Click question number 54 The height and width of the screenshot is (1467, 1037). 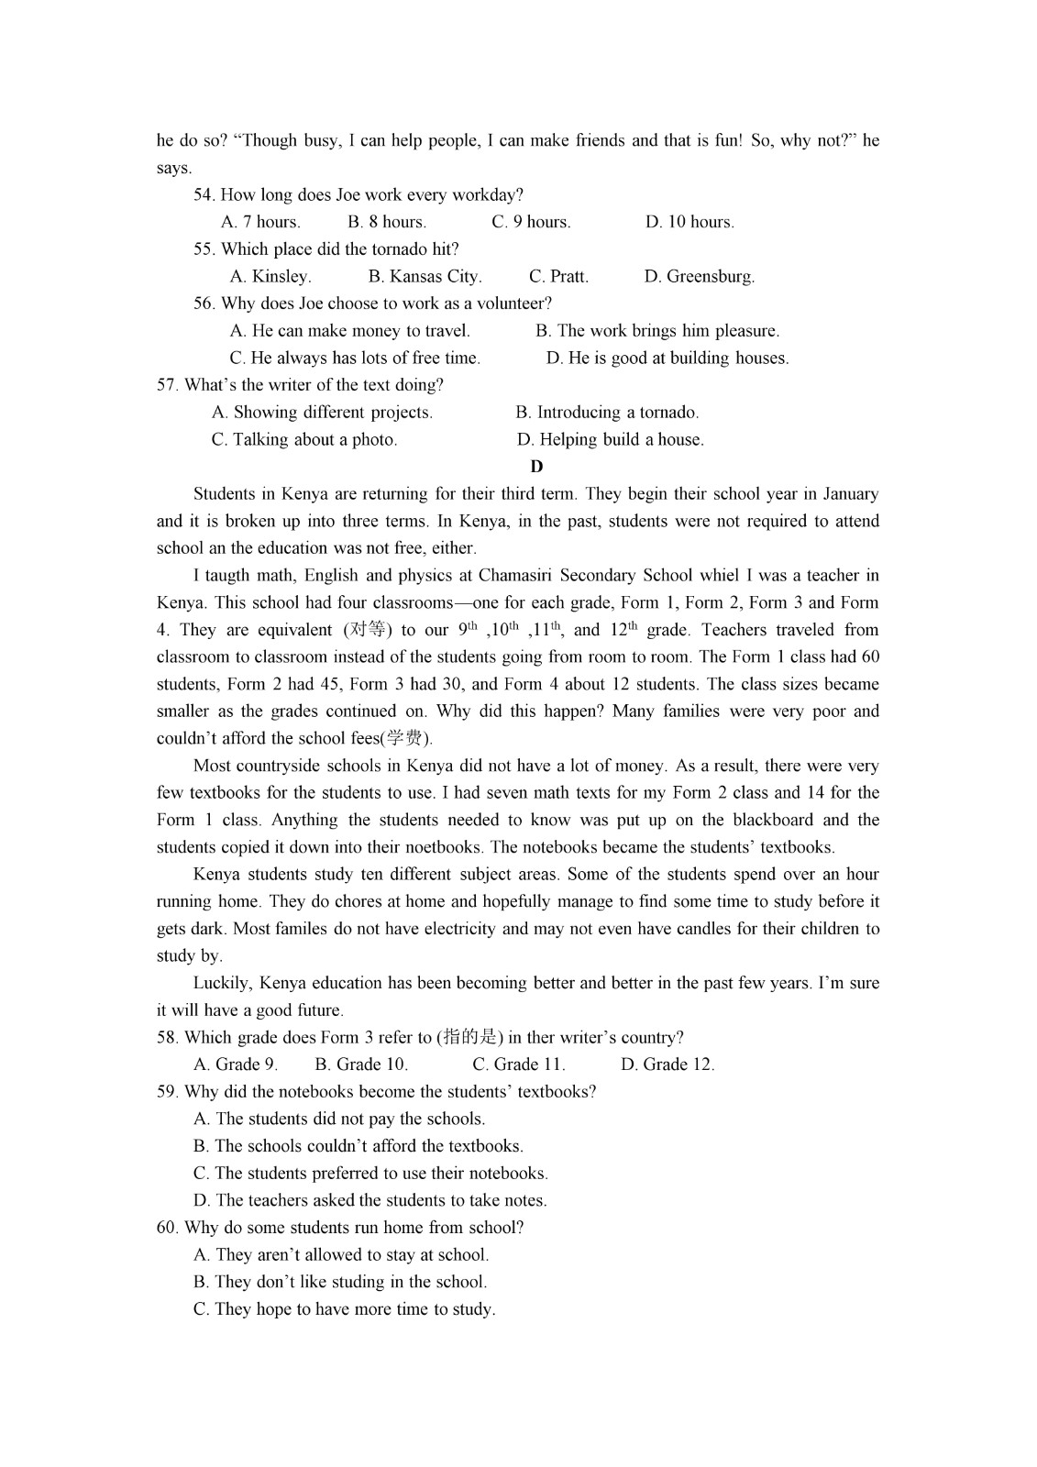(x=204, y=195)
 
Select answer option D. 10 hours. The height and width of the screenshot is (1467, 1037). (x=689, y=222)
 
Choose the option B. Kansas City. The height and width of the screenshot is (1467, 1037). (x=425, y=277)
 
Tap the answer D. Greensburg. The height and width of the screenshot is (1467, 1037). (x=699, y=277)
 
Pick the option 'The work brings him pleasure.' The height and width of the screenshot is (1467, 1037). (x=657, y=331)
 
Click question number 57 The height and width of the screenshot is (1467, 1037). (x=167, y=385)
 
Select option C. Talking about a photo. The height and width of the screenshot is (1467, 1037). (x=304, y=440)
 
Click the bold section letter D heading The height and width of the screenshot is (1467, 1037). (x=536, y=467)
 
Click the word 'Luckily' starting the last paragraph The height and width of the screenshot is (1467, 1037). (x=221, y=984)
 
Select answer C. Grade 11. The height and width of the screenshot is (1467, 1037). (x=519, y=1064)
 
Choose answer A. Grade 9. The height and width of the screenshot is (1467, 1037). (x=236, y=1064)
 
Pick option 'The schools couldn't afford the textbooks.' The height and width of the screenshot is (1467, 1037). (x=359, y=1146)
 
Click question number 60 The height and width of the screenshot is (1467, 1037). (x=167, y=1228)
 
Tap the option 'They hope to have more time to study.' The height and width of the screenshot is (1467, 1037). (x=345, y=1309)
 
